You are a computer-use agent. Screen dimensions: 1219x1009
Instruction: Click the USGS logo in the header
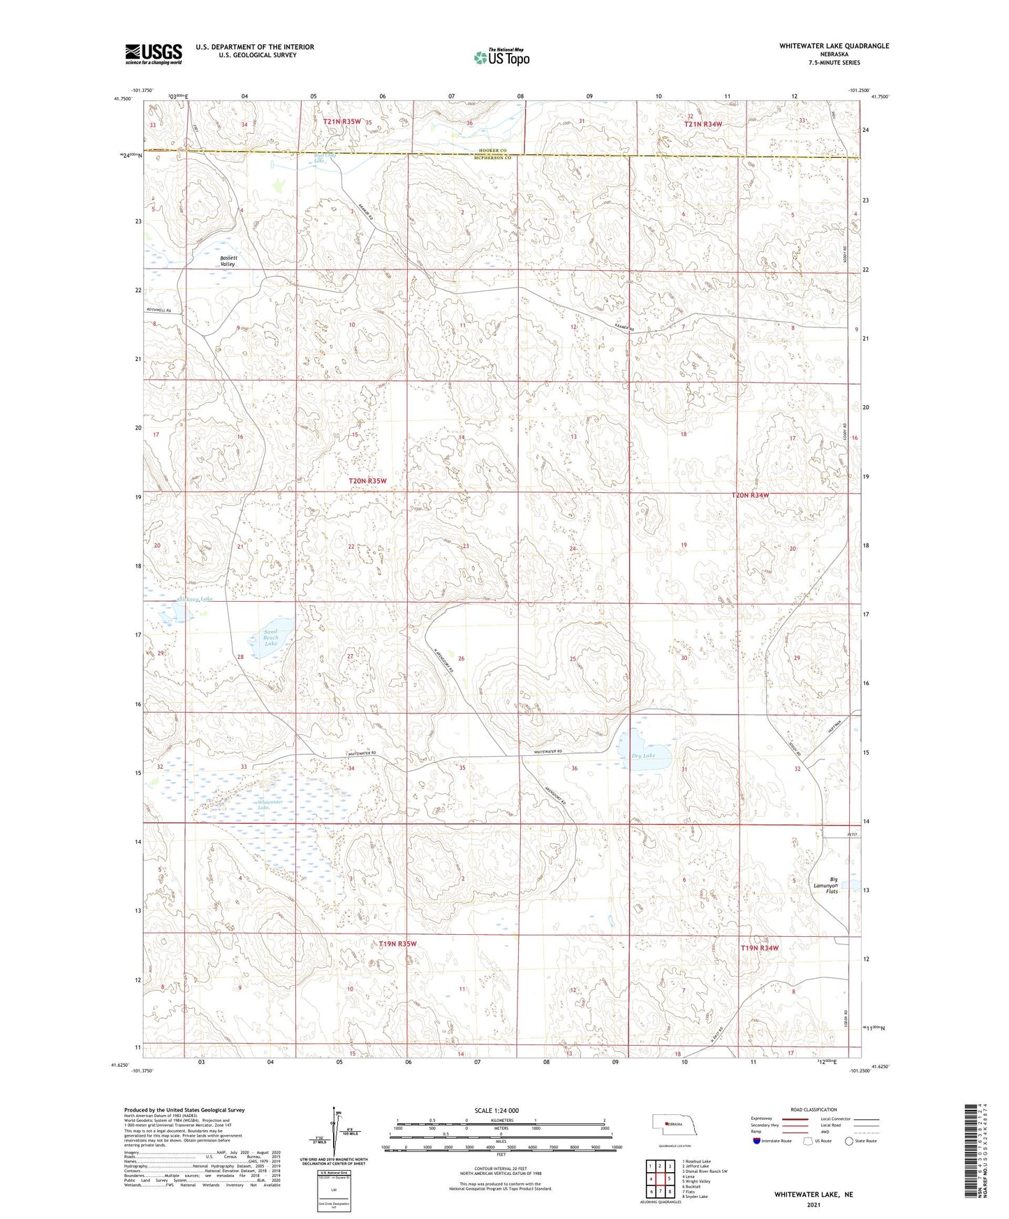[x=154, y=54]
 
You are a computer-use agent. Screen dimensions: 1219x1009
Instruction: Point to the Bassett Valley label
[x=228, y=261]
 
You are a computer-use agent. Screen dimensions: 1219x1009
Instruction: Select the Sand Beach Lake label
[x=270, y=638]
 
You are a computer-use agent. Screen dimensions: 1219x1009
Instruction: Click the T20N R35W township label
[x=367, y=481]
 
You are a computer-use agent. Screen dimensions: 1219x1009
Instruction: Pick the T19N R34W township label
[x=759, y=947]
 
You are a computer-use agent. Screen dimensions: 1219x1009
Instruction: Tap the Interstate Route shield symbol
[x=758, y=1142]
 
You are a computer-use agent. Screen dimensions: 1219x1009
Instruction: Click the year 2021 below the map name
[x=813, y=1205]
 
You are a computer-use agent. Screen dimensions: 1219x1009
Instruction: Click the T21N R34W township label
[x=702, y=124]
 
